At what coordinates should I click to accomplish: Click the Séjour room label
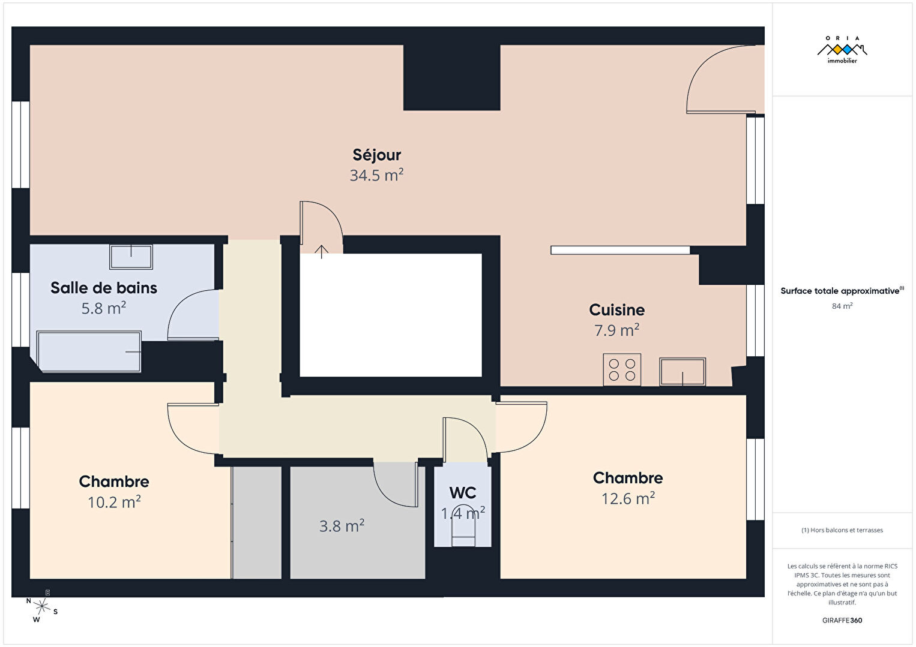click(376, 155)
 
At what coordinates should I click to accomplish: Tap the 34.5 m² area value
click(376, 175)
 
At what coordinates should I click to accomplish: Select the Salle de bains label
click(104, 288)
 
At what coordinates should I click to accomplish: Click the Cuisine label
click(616, 309)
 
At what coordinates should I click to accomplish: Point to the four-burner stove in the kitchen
click(622, 369)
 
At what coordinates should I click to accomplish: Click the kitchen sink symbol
click(682, 372)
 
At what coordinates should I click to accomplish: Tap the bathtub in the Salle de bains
click(89, 351)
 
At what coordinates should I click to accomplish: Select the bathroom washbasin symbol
click(131, 257)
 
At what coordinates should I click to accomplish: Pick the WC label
click(463, 493)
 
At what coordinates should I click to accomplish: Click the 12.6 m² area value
click(628, 498)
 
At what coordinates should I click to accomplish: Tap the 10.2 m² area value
click(114, 502)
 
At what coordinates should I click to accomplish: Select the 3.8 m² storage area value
click(342, 526)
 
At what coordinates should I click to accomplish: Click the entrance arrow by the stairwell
click(322, 252)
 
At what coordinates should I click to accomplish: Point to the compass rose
click(41, 606)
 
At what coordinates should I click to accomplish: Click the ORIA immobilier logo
click(842, 50)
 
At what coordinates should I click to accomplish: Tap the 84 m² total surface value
click(842, 306)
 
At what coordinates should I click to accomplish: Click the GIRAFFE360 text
click(842, 620)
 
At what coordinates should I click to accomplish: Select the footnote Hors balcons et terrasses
click(842, 530)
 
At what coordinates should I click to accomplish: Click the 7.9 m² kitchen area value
click(616, 330)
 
